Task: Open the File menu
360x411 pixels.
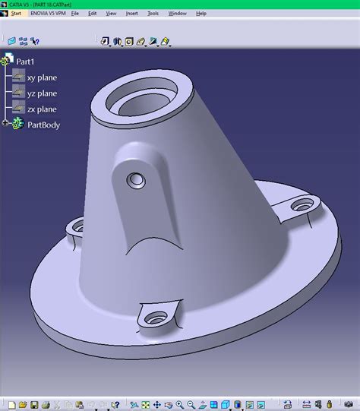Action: pyautogui.click(x=75, y=14)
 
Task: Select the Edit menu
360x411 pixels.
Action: pyautogui.click(x=92, y=14)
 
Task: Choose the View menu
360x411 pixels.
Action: pyautogui.click(x=111, y=14)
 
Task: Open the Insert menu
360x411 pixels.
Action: pyautogui.click(x=132, y=14)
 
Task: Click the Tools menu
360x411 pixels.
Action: pyautogui.click(x=153, y=14)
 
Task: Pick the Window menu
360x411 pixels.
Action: pyautogui.click(x=177, y=14)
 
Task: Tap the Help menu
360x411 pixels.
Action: pyautogui.click(x=201, y=14)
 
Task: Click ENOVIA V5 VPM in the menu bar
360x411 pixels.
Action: pyautogui.click(x=48, y=14)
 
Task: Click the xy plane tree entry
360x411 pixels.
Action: pyautogui.click(x=42, y=77)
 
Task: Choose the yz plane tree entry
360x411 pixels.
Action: pyautogui.click(x=42, y=93)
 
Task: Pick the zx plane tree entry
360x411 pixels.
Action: pyautogui.click(x=42, y=109)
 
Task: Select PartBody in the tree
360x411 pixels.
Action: pyautogui.click(x=43, y=125)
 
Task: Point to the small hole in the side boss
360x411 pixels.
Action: pyautogui.click(x=137, y=180)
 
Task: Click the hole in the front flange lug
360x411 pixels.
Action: pyautogui.click(x=156, y=315)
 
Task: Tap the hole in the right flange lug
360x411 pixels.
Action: pyautogui.click(x=303, y=204)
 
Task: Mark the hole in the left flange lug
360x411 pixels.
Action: pyautogui.click(x=77, y=226)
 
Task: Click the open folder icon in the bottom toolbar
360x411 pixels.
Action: pyautogui.click(x=23, y=404)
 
